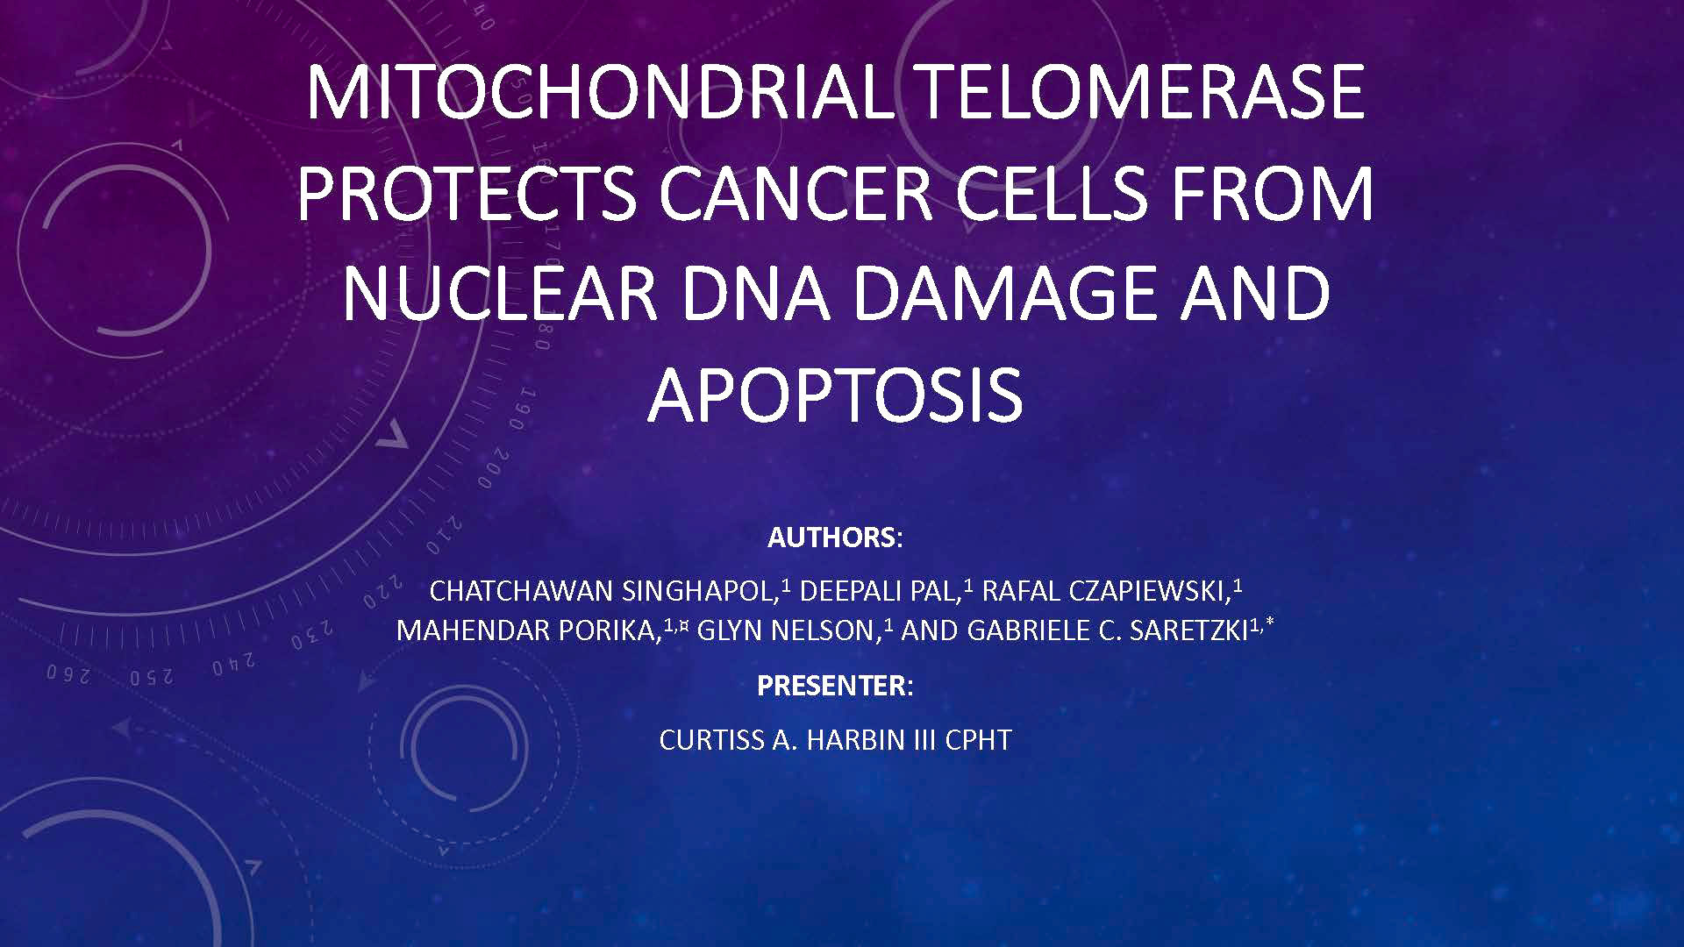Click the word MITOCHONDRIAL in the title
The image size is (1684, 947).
pos(599,92)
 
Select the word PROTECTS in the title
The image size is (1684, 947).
pos(467,193)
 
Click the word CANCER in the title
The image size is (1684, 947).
pos(795,193)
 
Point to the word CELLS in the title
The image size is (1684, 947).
pos(1051,193)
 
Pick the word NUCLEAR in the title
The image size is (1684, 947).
pos(500,293)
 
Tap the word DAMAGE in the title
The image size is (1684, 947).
pos(1004,293)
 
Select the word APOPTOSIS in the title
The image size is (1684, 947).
pos(835,395)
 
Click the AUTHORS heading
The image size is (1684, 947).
pos(832,538)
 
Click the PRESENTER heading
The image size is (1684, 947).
pos(832,686)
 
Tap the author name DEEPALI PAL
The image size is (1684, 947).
pos(878,592)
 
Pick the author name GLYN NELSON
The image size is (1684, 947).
pos(788,631)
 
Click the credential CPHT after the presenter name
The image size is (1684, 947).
pos(978,740)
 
